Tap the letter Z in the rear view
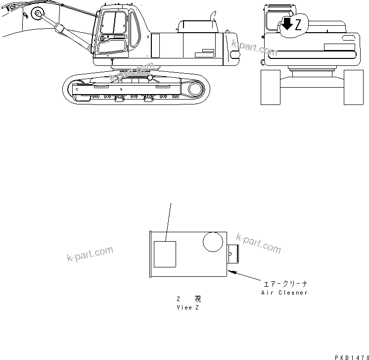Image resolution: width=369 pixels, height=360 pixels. (298, 26)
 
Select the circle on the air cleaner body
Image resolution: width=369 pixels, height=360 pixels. (213, 243)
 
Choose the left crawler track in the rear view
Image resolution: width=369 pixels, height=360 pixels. (271, 87)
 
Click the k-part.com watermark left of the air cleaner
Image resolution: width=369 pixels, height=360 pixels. (90, 254)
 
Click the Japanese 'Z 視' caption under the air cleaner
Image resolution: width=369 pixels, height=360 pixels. (188, 299)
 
